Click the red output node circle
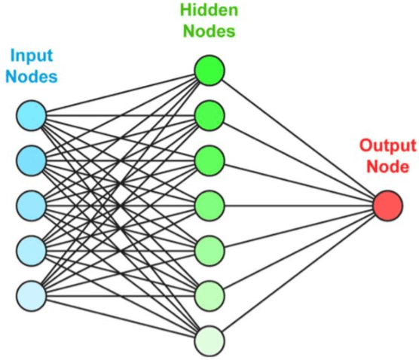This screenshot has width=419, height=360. click(388, 205)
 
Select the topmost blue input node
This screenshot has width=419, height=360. click(32, 115)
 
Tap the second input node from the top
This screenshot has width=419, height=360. click(32, 159)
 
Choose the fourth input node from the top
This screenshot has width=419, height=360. click(32, 247)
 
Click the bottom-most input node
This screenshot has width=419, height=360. click(32, 291)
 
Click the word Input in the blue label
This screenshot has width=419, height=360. click(32, 56)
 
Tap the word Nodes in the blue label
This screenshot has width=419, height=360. click(32, 76)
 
